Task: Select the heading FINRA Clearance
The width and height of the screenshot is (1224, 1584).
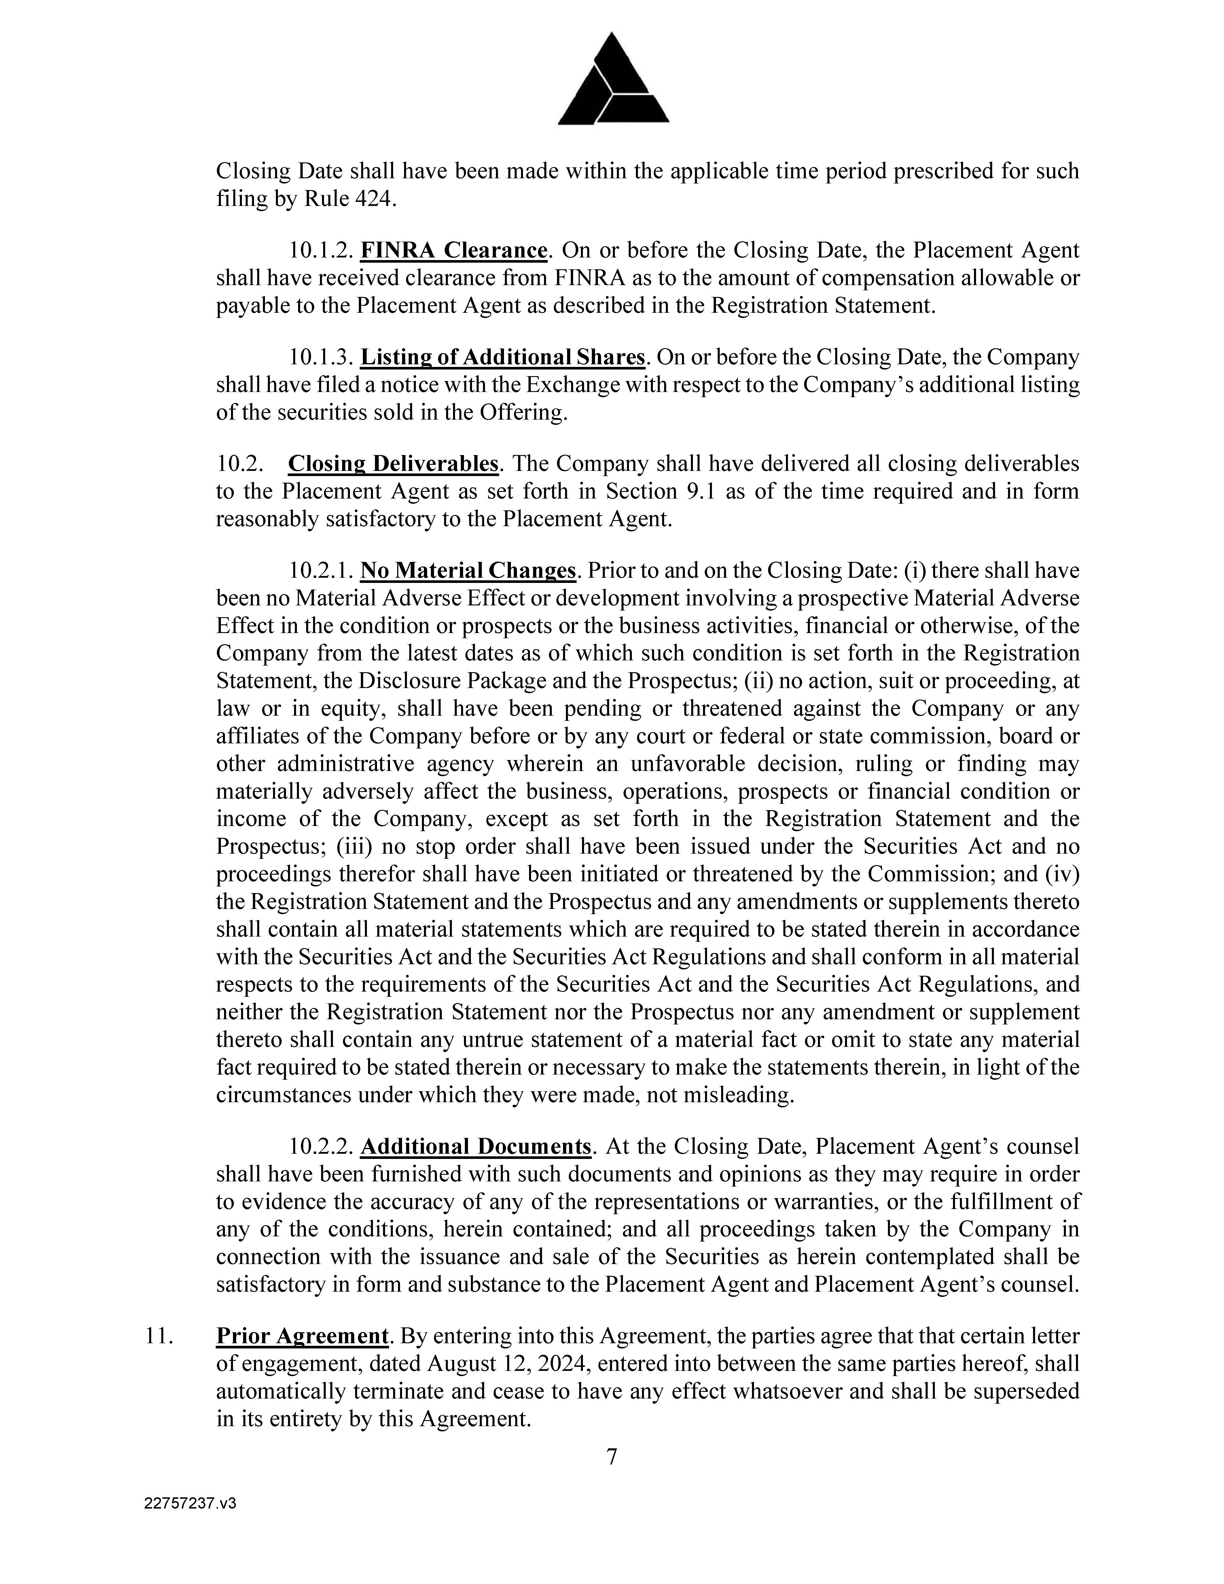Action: tap(453, 250)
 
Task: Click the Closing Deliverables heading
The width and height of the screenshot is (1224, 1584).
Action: tap(393, 463)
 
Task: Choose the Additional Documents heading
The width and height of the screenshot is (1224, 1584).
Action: tap(476, 1147)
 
